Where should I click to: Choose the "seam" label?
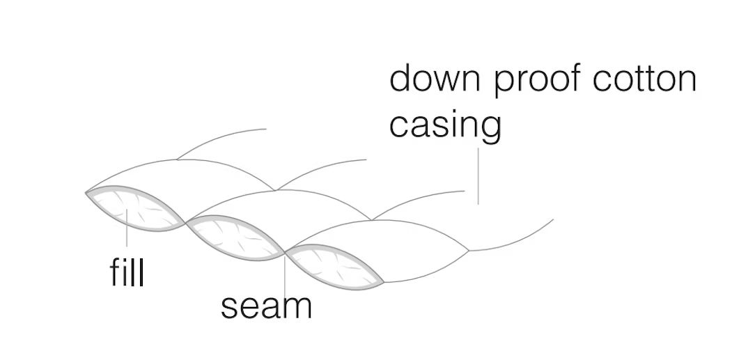[266, 306]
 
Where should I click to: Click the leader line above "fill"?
[127, 237]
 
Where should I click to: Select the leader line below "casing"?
[478, 174]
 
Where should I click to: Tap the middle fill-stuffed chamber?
[235, 235]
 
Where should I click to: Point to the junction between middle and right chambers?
[285, 250]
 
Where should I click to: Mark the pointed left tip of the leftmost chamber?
[86, 191]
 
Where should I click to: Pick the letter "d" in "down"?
[403, 79]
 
